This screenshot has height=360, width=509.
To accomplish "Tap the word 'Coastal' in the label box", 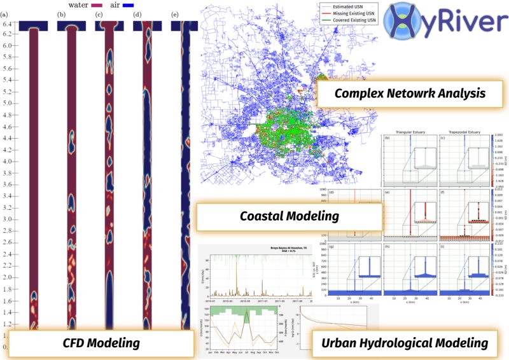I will (266, 216).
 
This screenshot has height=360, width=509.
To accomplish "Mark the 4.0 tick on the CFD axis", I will (7, 162).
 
